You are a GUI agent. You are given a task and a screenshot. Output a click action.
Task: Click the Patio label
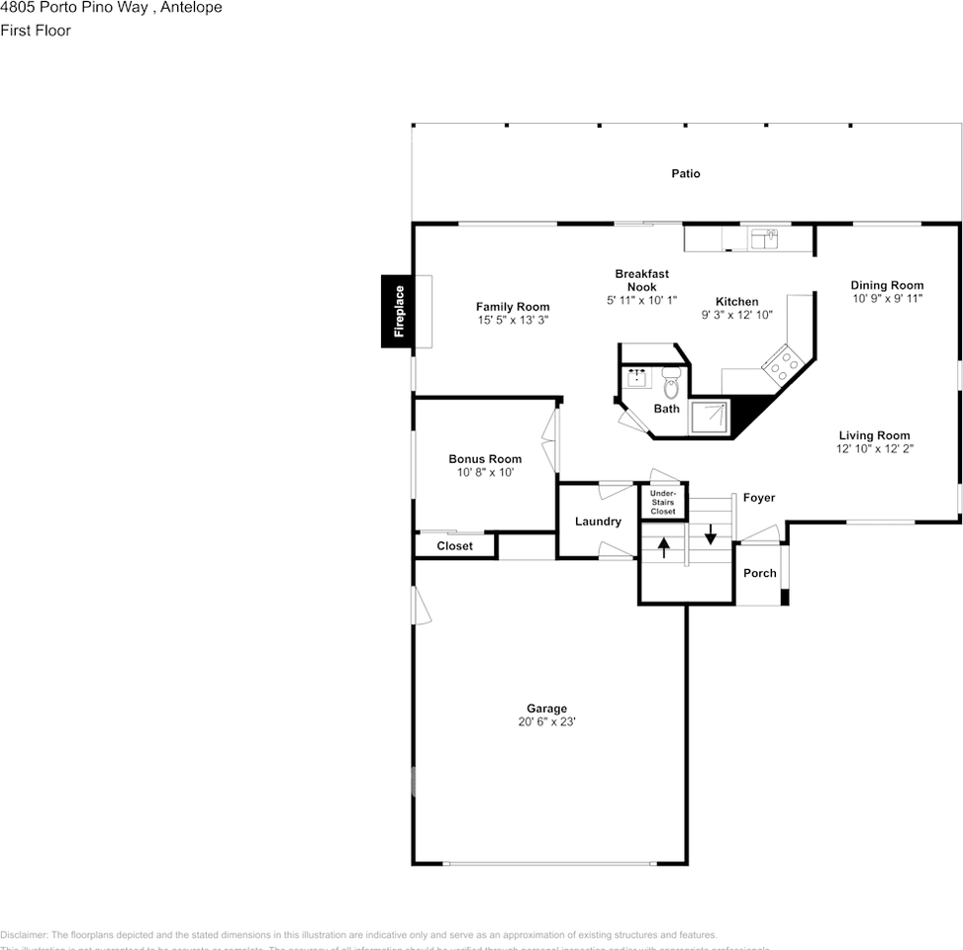pyautogui.click(x=685, y=174)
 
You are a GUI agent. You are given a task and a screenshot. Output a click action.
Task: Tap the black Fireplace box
pyautogui.click(x=399, y=312)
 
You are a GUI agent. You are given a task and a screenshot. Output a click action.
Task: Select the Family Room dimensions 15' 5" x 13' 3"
pyautogui.click(x=512, y=321)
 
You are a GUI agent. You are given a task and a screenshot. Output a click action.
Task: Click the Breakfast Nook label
pyautogui.click(x=641, y=280)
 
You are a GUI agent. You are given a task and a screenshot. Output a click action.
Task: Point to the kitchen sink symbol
pyautogui.click(x=764, y=238)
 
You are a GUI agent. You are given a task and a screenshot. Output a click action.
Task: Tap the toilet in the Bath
pyautogui.click(x=671, y=382)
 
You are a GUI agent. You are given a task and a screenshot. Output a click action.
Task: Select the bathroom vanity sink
pyautogui.click(x=636, y=377)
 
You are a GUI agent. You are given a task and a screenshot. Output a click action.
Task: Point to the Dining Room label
pyautogui.click(x=887, y=286)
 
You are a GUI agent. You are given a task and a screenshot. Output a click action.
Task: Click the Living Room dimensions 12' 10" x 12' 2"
pyautogui.click(x=874, y=448)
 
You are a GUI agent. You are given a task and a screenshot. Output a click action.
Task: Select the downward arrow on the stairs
pyautogui.click(x=710, y=534)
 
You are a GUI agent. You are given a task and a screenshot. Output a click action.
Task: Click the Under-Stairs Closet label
pyautogui.click(x=662, y=502)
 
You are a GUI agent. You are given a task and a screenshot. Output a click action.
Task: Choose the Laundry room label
pyautogui.click(x=598, y=522)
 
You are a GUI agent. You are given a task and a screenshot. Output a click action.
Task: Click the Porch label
pyautogui.click(x=760, y=573)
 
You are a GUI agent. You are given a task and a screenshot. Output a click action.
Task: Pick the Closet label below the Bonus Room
pyautogui.click(x=454, y=546)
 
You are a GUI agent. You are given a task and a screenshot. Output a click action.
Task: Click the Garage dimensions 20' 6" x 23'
pyautogui.click(x=546, y=722)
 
